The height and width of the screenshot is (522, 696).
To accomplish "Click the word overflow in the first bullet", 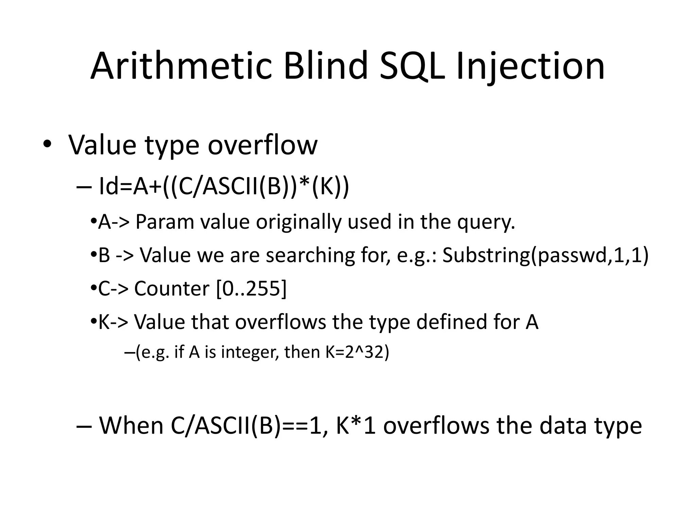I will tap(262, 145).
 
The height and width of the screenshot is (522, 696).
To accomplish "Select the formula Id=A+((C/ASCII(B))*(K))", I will tap(223, 187).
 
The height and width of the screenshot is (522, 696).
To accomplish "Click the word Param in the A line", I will tap(164, 222).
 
